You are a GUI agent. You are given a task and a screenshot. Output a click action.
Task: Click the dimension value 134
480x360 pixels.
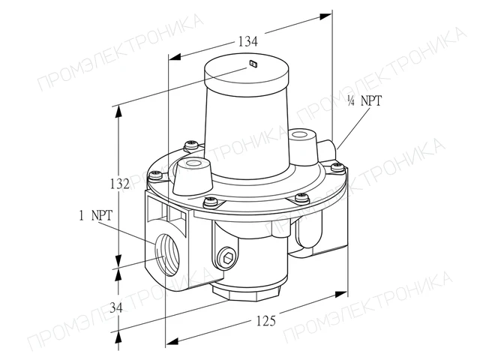click(248, 41)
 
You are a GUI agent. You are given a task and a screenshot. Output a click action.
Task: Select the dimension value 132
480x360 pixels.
click(120, 184)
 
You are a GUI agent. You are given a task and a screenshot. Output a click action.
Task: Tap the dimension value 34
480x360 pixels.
click(116, 307)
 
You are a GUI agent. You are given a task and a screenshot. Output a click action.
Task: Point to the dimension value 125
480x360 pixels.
click(266, 321)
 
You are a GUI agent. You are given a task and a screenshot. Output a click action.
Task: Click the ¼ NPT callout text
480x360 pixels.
click(364, 100)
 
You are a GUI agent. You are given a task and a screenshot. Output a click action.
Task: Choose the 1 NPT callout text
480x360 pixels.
click(96, 215)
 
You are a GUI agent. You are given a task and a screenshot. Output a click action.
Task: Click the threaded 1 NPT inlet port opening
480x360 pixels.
click(166, 253)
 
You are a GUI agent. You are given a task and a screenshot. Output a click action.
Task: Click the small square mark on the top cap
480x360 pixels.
click(253, 63)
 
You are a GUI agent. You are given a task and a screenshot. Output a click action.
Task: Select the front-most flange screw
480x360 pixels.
click(211, 201)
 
